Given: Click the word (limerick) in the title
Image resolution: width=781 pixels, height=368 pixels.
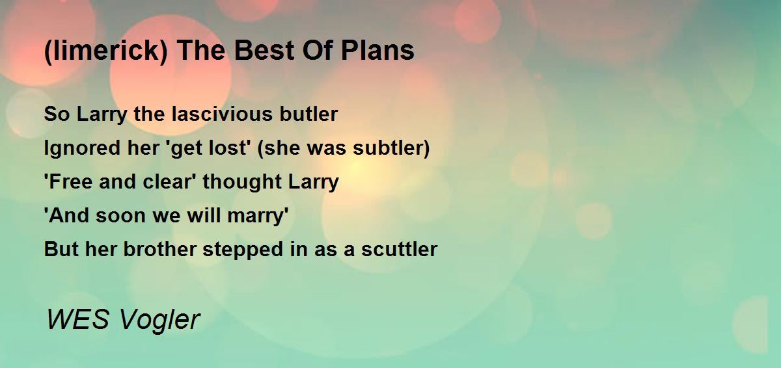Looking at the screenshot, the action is click(x=106, y=51).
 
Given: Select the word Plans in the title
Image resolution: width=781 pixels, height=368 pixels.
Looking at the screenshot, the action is click(x=377, y=51).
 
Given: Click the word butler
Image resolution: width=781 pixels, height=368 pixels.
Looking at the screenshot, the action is click(x=308, y=114).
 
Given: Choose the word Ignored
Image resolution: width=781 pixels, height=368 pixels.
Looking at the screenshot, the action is click(x=82, y=148).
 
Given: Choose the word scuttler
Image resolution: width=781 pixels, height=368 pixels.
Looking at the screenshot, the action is click(x=399, y=250).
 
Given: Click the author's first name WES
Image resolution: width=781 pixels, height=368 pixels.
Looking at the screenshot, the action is click(x=78, y=320).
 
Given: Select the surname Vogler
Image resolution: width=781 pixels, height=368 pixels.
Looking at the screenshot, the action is click(x=159, y=321).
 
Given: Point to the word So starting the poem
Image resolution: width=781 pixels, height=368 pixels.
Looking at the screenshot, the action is click(x=57, y=114).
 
